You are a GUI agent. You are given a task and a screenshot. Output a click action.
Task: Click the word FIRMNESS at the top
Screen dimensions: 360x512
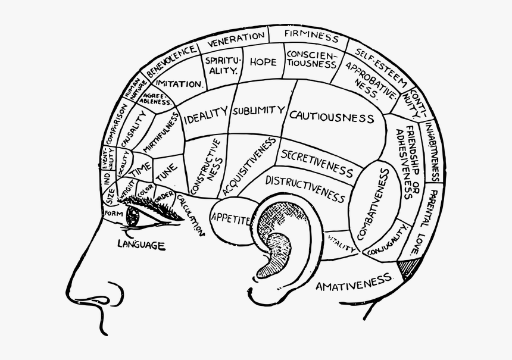pos(311,35)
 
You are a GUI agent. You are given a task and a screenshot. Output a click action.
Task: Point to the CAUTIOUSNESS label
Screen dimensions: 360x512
pos(332,117)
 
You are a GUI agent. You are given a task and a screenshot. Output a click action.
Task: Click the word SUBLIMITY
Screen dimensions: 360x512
pos(258,111)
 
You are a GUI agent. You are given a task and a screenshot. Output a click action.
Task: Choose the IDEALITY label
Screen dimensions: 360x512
pos(206,115)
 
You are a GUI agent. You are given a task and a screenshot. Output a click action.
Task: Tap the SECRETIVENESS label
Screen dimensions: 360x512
pos(317,162)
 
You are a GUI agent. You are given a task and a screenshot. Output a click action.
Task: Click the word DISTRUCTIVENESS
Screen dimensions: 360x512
pos(305,187)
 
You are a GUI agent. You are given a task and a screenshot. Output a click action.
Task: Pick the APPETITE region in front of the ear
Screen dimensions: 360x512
pos(230,219)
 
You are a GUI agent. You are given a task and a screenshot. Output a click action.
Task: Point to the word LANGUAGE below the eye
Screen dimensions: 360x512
pos(141,244)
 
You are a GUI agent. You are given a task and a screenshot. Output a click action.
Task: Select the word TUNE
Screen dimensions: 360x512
pos(166,172)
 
